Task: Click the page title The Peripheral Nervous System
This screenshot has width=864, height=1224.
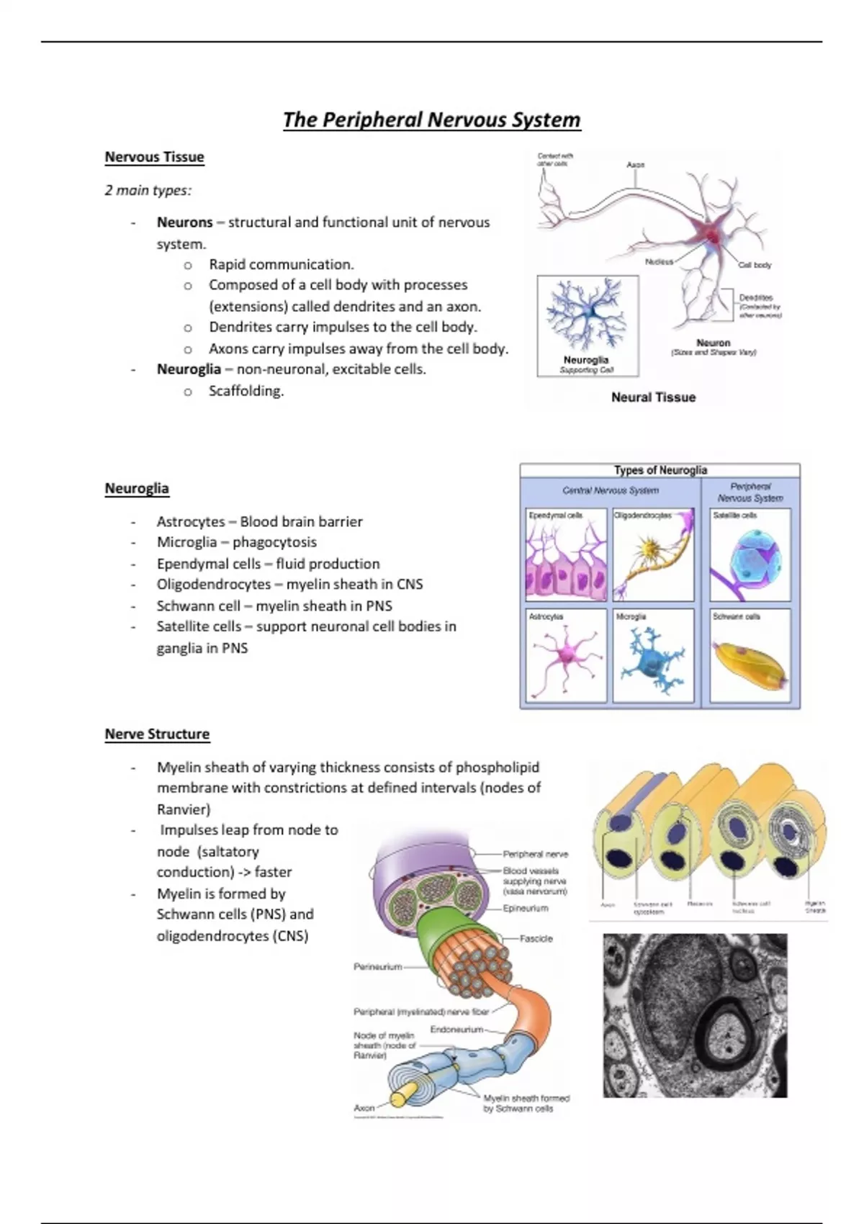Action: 431,120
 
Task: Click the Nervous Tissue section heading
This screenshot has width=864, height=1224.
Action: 154,157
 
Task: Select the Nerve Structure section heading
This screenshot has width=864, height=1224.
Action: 157,734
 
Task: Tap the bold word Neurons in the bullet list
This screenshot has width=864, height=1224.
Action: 185,222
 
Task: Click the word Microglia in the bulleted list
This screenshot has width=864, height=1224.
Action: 186,542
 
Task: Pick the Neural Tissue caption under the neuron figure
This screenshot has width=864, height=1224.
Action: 653,397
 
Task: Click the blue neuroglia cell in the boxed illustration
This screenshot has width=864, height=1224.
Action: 588,314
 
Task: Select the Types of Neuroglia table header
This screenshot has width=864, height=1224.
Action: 660,470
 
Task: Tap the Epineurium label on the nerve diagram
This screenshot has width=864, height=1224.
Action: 526,909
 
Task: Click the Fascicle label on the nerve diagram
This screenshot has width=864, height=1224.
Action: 536,939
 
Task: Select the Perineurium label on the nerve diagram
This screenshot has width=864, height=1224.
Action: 377,967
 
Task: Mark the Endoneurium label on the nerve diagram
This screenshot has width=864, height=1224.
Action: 456,1030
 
